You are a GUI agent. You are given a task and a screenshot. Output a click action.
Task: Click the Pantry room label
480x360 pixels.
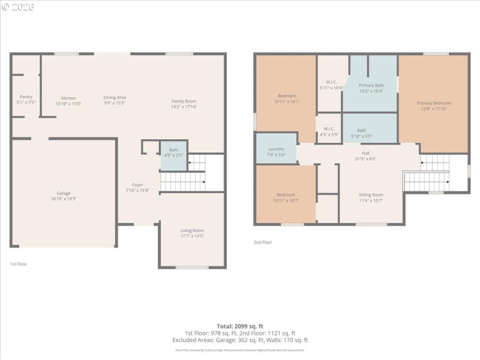click(x=26, y=97)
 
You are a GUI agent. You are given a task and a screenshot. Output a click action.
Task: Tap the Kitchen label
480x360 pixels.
click(x=68, y=98)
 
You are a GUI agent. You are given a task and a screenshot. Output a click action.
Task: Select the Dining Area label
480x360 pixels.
click(x=115, y=97)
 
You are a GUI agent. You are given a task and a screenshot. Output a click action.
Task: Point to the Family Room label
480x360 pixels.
click(x=184, y=101)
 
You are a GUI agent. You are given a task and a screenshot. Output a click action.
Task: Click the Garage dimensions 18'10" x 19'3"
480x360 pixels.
click(x=64, y=199)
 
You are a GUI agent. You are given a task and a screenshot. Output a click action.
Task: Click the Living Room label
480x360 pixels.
click(x=192, y=230)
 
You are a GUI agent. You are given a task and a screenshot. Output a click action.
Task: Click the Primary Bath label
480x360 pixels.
click(x=371, y=85)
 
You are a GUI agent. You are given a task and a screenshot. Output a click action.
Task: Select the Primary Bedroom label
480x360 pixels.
click(x=433, y=103)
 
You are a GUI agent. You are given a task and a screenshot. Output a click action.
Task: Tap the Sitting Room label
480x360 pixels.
click(x=370, y=195)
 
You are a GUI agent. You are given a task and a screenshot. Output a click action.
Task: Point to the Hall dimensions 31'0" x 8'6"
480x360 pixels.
click(x=365, y=158)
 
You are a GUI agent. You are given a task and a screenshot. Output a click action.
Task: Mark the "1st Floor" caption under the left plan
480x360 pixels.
click(x=18, y=264)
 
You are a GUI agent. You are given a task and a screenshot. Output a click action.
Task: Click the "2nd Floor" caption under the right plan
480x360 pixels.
click(x=263, y=242)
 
